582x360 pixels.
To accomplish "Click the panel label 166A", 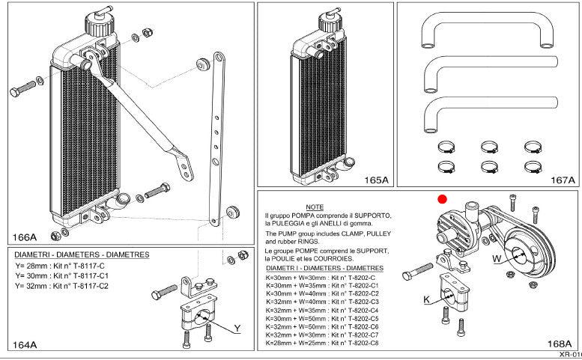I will (25, 237).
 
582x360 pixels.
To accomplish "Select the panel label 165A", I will (376, 180).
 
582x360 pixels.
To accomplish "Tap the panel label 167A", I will (563, 180).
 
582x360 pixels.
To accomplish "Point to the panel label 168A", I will (560, 344).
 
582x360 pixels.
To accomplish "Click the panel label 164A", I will (24, 345).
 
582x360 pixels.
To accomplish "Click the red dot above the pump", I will (443, 199).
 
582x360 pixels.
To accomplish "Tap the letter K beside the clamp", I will (426, 300).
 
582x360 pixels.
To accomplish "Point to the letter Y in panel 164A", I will (237, 328).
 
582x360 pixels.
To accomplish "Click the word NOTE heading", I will (315, 207).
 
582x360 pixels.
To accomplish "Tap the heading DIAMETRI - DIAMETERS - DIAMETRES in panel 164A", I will (82, 254).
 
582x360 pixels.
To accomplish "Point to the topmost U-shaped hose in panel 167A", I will (486, 30).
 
